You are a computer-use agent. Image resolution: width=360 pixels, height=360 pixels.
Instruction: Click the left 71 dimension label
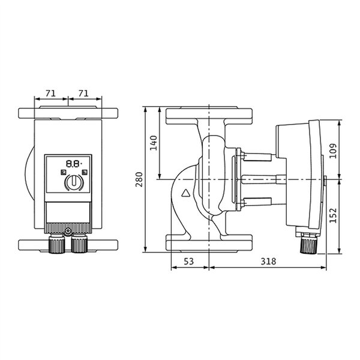click(50, 94)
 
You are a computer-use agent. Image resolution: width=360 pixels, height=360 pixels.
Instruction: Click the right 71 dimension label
click(83, 94)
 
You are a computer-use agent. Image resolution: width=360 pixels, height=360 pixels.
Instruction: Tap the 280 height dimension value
click(139, 179)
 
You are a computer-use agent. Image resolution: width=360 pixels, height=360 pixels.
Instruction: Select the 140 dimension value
click(154, 143)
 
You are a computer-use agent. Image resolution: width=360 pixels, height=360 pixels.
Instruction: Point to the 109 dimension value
click(333, 151)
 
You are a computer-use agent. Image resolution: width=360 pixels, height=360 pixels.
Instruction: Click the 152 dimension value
click(333, 215)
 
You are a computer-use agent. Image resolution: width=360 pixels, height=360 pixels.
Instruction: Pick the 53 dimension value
click(189, 261)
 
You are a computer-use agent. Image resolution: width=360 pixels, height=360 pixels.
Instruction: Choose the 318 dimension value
click(268, 261)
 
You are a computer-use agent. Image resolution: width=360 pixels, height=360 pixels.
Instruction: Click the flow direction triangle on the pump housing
click(186, 193)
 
